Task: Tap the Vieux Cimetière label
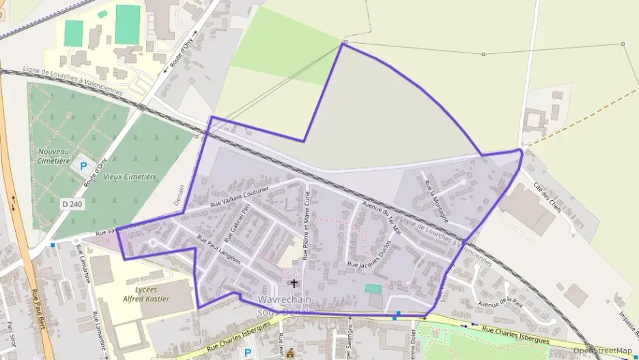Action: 130,176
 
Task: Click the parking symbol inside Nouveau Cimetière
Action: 83,165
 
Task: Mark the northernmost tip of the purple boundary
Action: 344,44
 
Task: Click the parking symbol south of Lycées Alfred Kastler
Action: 247,352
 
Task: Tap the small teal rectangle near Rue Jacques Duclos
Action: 373,289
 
